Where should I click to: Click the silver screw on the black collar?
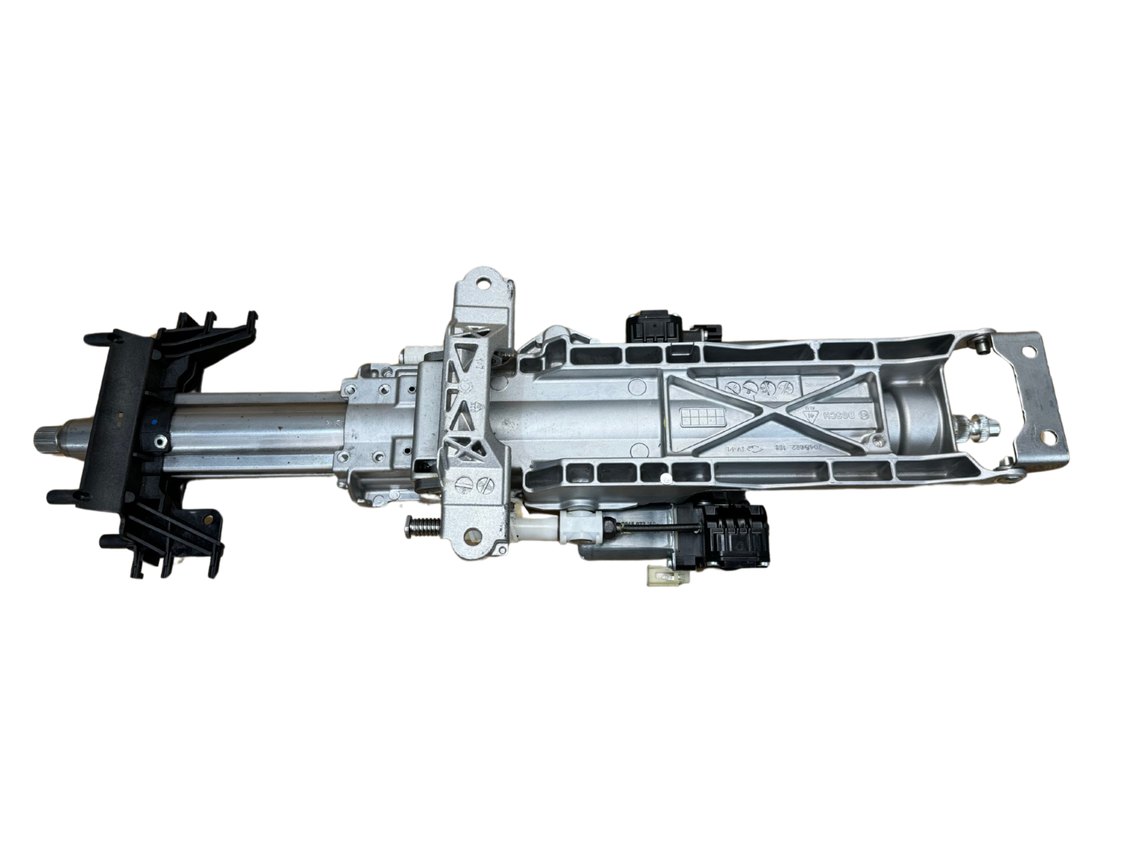162,441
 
